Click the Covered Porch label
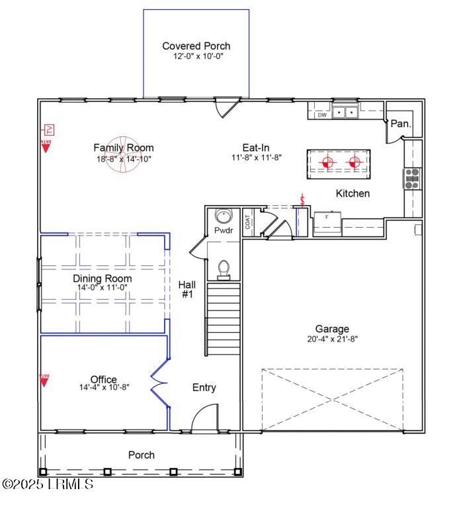tap(196, 46)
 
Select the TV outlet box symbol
tap(48, 130)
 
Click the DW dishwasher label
tap(322, 115)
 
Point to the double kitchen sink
tap(345, 113)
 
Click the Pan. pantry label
tap(400, 124)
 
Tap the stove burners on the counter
tap(412, 179)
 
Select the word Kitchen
tap(353, 194)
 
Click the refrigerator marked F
tap(326, 222)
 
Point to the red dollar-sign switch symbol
tap(302, 200)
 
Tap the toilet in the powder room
tap(224, 269)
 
